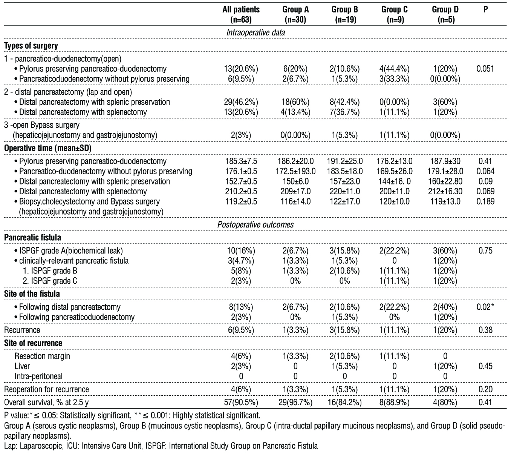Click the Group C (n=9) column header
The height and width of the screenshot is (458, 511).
tap(394, 15)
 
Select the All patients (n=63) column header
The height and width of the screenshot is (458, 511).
tap(241, 15)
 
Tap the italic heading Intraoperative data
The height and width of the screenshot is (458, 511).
tap(255, 32)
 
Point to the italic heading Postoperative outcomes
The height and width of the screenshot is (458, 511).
tap(255, 224)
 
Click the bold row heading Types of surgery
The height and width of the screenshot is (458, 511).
tap(31, 46)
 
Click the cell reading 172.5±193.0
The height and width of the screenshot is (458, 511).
tap(295, 171)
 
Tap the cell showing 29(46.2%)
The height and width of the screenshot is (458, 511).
tap(241, 102)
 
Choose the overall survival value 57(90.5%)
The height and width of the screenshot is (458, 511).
tap(241, 403)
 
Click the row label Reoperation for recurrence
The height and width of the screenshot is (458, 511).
tap(46, 389)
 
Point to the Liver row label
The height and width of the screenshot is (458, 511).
tap(22, 366)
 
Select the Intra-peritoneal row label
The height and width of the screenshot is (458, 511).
tap(38, 376)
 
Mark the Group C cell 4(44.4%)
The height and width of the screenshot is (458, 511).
tap(394, 69)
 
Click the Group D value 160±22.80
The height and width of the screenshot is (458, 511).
tap(445, 181)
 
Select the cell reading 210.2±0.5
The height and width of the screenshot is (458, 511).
tap(241, 192)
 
